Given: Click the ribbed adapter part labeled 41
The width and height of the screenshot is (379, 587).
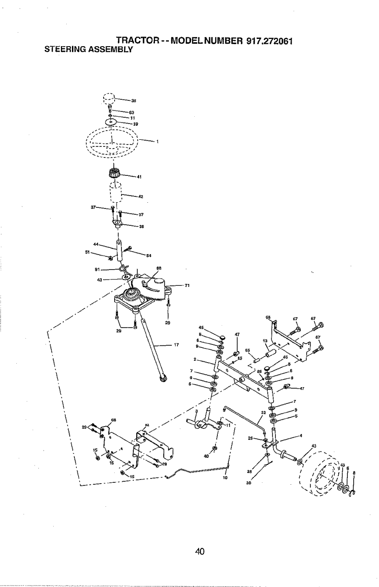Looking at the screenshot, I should [x=115, y=172].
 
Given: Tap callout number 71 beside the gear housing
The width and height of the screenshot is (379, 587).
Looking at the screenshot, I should [x=188, y=286].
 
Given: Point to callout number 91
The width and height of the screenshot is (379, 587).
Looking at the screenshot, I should [x=98, y=269].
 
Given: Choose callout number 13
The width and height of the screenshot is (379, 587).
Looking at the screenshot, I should [x=265, y=341].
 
